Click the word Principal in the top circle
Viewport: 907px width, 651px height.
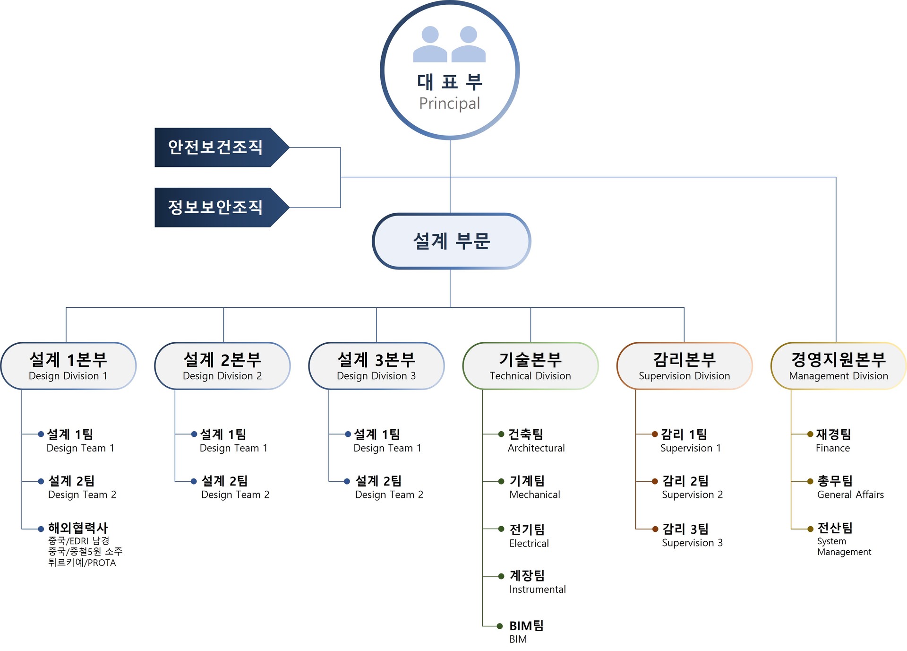[x=449, y=104]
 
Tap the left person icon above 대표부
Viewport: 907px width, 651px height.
[x=430, y=44]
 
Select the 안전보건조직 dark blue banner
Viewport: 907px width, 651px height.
[x=222, y=147]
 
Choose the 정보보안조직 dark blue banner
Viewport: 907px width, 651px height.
[x=222, y=207]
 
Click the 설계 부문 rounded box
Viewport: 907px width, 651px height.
[x=451, y=241]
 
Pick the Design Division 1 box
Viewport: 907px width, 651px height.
[x=68, y=366]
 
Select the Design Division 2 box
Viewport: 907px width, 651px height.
[x=222, y=366]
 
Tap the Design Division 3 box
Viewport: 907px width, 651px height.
[x=376, y=366]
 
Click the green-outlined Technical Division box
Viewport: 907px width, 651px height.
[x=531, y=366]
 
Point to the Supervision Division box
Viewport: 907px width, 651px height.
[x=685, y=366]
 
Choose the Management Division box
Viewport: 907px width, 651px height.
[x=839, y=366]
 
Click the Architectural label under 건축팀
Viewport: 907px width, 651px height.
[x=536, y=448]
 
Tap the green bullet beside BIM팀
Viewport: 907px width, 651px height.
[x=501, y=626]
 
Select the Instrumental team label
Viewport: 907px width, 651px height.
[x=538, y=590]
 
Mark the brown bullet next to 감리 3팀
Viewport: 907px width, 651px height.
[x=655, y=529]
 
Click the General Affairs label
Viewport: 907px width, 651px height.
[x=850, y=495]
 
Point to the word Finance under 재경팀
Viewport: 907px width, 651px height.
[x=833, y=448]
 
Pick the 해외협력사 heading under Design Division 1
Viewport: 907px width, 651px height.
[x=78, y=528]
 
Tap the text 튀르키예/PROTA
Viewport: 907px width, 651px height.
[x=82, y=563]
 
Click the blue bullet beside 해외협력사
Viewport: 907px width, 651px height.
[x=41, y=529]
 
